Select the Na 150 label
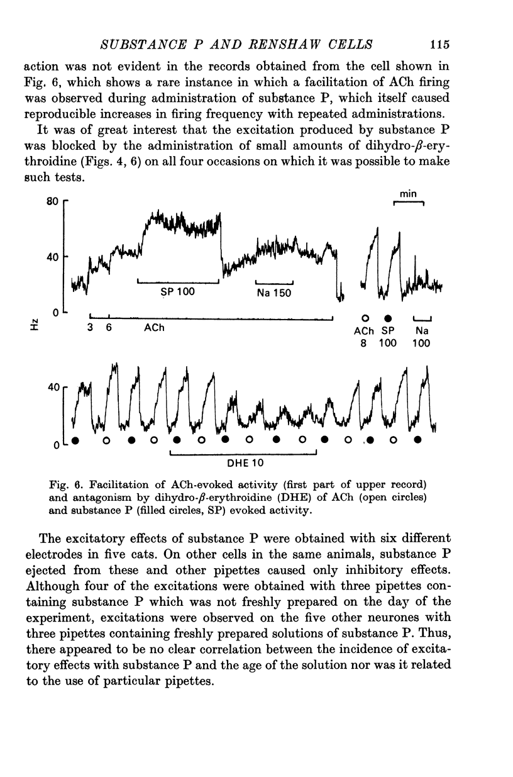(275, 293)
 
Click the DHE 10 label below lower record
(245, 463)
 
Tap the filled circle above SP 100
(388, 318)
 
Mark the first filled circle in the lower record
(75, 440)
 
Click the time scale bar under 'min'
(409, 203)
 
